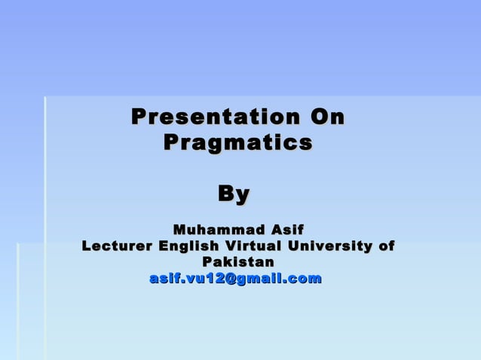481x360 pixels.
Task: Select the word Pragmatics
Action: click(x=237, y=142)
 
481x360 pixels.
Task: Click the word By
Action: click(x=234, y=194)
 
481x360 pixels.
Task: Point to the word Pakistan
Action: click(x=237, y=262)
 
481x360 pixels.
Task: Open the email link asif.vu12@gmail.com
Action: click(x=236, y=279)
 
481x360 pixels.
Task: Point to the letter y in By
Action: click(x=242, y=195)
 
